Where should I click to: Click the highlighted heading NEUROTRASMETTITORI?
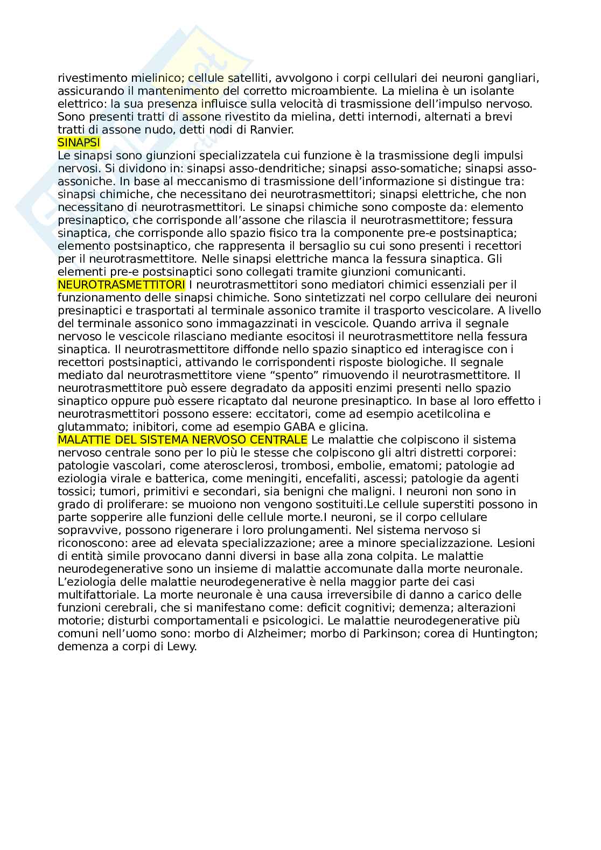tap(121, 285)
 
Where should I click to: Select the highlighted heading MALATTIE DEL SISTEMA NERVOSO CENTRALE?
tap(182, 440)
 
